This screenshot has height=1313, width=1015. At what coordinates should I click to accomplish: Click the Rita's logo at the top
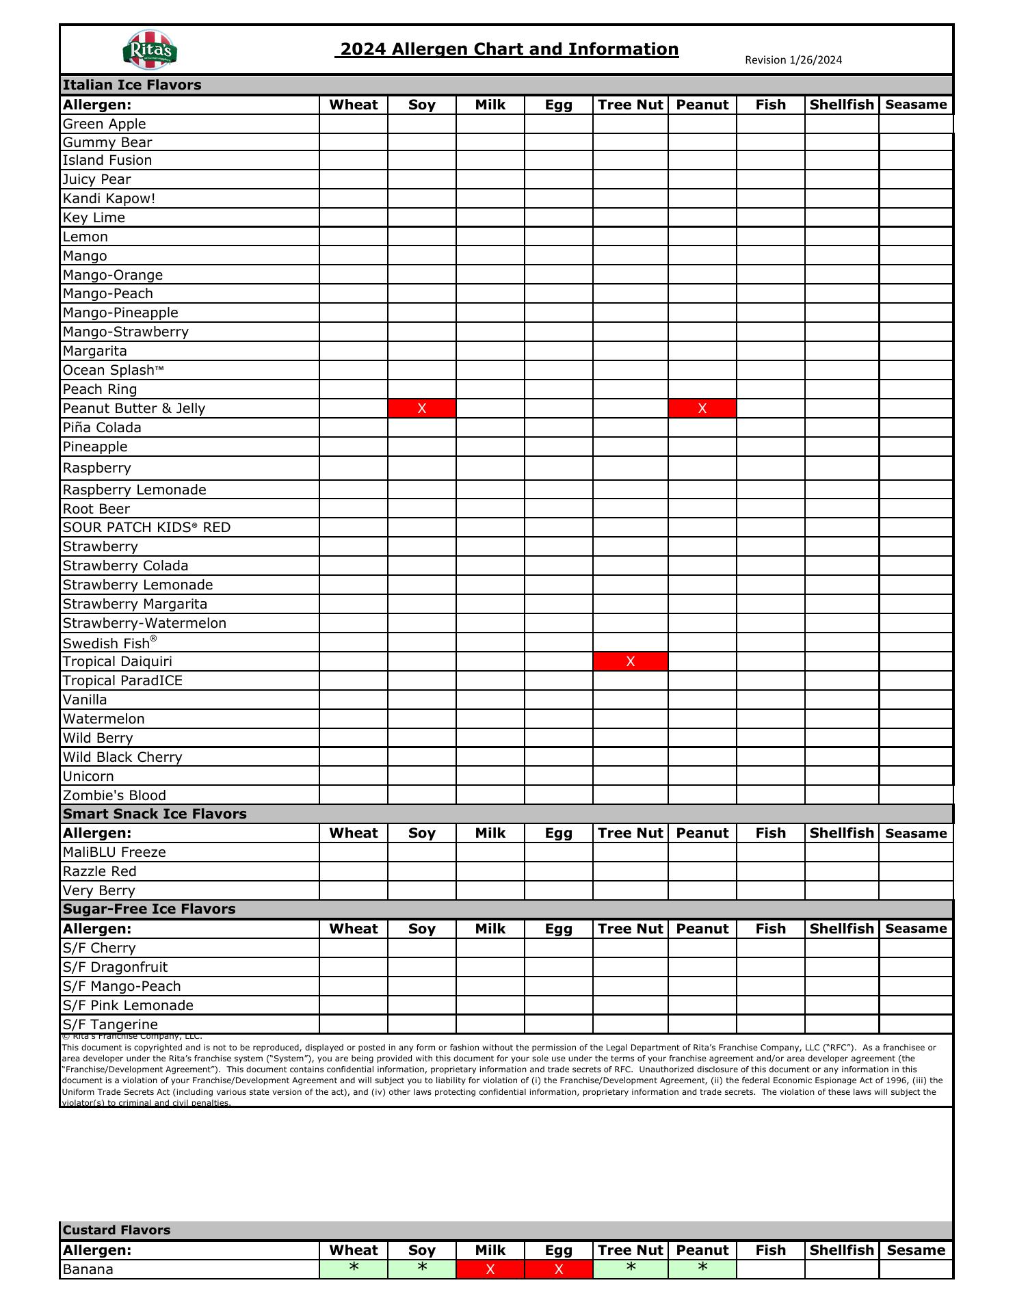coord(150,50)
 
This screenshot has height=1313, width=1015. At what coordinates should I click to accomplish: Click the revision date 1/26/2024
coord(793,60)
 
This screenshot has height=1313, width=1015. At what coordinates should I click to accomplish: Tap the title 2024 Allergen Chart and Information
coord(509,49)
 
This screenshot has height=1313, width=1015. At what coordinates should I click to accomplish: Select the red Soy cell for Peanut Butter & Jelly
coord(421,408)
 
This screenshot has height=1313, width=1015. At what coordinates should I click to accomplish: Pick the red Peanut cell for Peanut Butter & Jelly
coord(702,408)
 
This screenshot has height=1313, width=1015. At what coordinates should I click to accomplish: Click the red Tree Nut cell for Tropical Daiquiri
coord(630,661)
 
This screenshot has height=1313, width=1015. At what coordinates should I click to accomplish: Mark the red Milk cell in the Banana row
coord(490,1269)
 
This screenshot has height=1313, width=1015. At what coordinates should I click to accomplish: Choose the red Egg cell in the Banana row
coord(558,1269)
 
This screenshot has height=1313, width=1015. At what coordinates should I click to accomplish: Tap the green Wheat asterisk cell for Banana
coord(353,1269)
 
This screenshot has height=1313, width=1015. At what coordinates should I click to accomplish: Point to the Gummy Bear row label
coord(107,142)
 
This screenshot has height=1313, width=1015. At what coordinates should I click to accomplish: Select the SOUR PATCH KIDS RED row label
coord(146,527)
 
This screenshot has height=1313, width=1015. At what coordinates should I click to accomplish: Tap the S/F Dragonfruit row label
coord(115,967)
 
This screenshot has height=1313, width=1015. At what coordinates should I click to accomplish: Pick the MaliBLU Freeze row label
coord(114,852)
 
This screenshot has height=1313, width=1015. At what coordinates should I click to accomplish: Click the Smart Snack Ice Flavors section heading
coord(155,814)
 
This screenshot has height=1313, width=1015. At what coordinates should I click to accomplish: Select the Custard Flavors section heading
coord(116,1230)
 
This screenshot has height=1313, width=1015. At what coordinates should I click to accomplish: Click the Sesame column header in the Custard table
coord(916,1250)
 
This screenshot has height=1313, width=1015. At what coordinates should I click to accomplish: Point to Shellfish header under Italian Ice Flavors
coord(841,105)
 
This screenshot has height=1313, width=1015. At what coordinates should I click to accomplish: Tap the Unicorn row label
coord(88,776)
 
